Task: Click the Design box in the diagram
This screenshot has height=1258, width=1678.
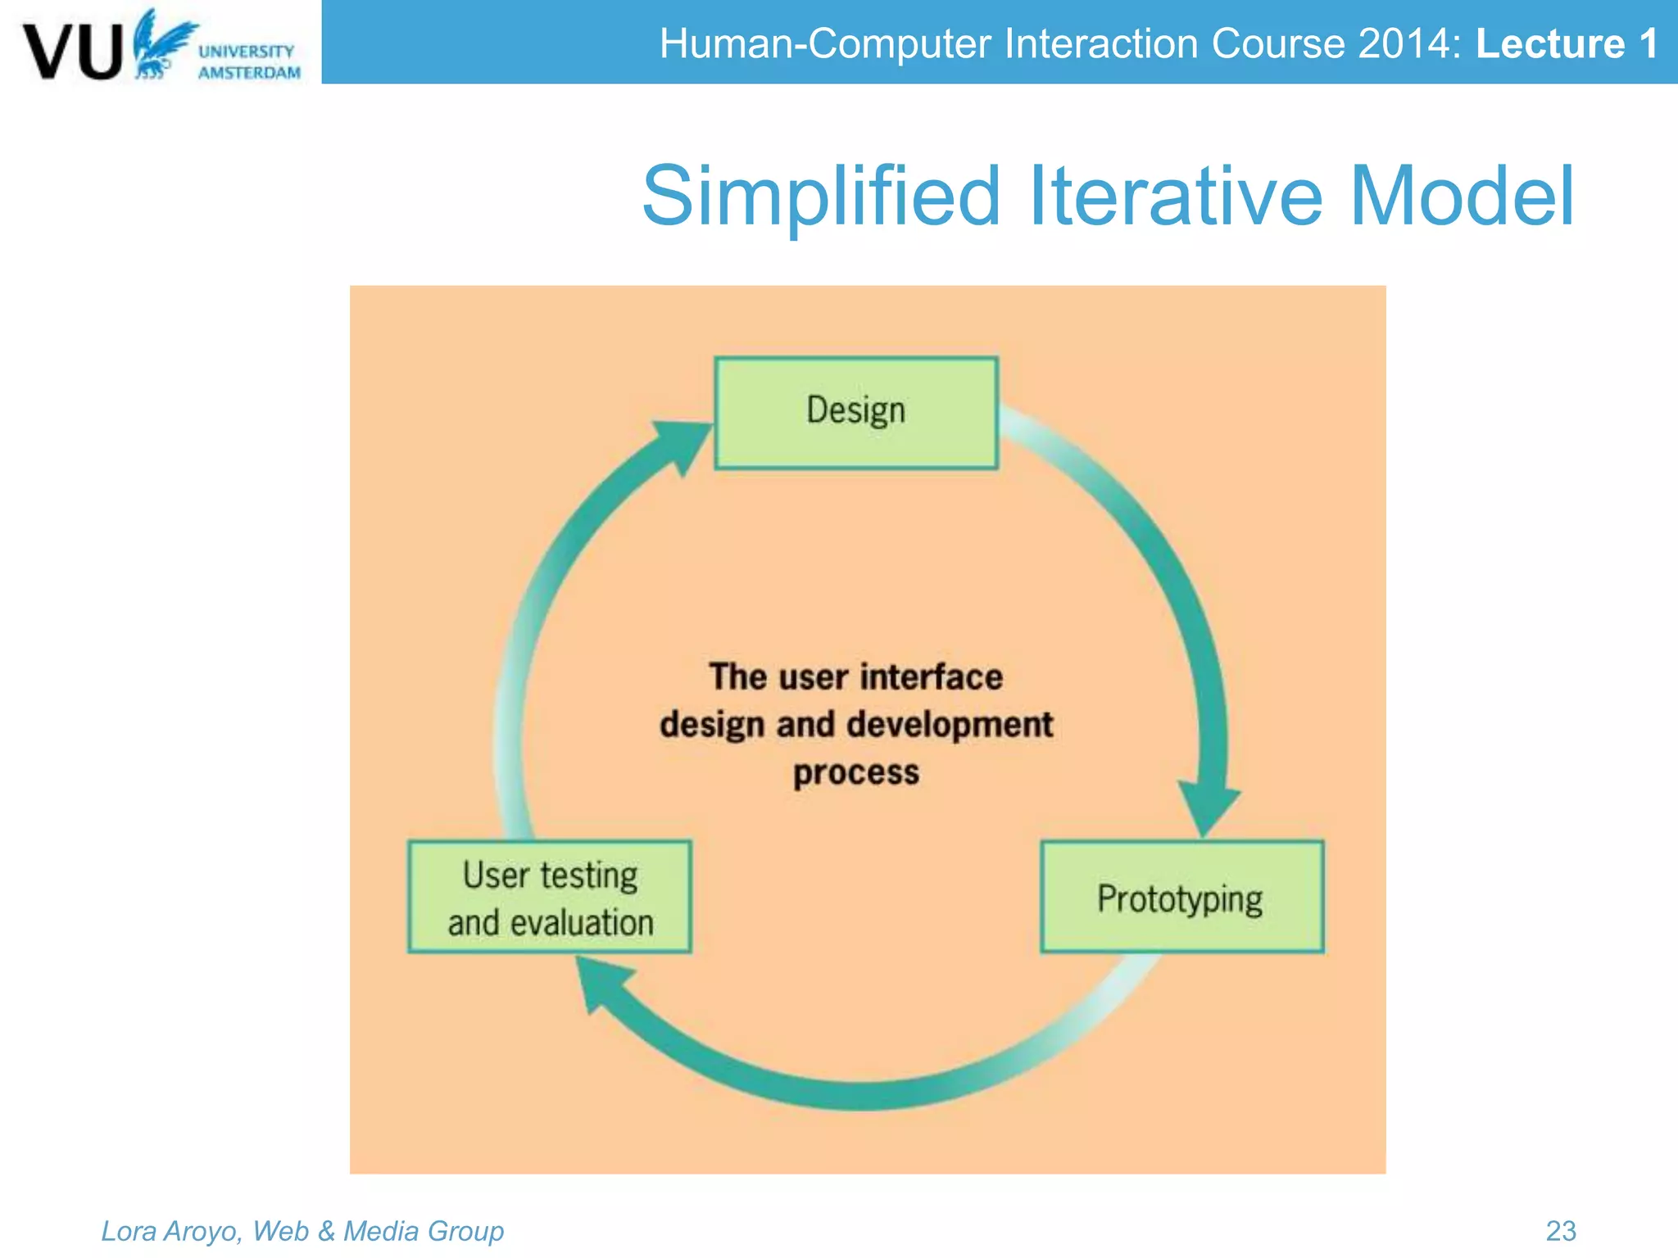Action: click(856, 412)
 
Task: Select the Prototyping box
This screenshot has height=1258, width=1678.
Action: click(1181, 897)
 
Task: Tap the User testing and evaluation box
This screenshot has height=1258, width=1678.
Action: click(550, 897)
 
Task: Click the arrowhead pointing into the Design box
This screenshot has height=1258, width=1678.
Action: click(680, 442)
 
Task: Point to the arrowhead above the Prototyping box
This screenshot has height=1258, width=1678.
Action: click(1208, 807)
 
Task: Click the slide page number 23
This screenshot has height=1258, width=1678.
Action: click(1561, 1230)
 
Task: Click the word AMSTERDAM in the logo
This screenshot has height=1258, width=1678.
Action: click(249, 73)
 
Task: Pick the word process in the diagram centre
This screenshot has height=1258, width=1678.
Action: click(856, 773)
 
